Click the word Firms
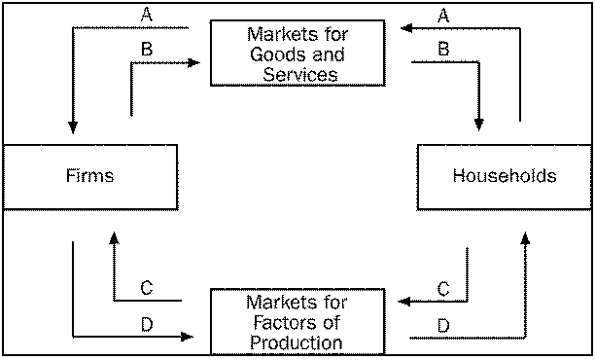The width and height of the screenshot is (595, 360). point(90,176)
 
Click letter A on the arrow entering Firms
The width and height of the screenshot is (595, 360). point(146,16)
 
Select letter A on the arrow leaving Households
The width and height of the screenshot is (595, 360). point(443,16)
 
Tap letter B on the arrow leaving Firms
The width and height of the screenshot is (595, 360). point(146,49)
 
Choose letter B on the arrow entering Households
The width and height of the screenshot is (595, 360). point(443,49)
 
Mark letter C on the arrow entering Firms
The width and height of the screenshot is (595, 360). point(146,288)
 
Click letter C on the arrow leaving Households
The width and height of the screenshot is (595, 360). point(443,288)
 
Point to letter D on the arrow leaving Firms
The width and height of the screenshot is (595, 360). point(146,324)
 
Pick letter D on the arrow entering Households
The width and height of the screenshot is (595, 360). point(443,324)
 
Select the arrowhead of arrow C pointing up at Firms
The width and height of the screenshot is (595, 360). point(115,236)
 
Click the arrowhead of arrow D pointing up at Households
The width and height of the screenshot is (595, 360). point(526,236)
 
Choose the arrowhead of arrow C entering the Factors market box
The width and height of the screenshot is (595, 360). point(405,301)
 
